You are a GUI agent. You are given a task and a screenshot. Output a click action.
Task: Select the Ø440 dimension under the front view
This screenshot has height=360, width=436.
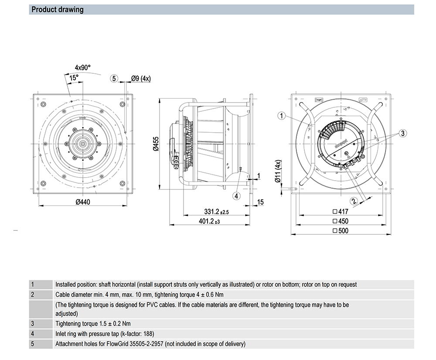(82, 202)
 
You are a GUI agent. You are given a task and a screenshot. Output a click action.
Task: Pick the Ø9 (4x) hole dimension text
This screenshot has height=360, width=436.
(140, 79)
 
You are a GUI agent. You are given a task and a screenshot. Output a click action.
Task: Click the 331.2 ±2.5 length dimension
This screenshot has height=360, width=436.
(216, 212)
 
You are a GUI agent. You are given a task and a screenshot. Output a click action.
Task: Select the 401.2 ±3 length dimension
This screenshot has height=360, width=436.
(209, 221)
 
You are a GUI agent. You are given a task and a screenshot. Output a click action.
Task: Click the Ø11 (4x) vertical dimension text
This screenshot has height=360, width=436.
(278, 172)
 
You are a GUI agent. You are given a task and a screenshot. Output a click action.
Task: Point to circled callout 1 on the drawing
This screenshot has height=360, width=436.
(282, 116)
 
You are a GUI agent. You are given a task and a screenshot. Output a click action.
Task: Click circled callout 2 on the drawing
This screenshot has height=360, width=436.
(354, 201)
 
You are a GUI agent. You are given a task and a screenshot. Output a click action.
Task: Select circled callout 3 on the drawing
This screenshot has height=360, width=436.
(403, 133)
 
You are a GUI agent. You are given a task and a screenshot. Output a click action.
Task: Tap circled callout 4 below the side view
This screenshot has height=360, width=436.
(236, 196)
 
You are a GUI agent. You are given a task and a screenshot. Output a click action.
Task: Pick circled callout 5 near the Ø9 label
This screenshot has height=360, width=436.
(114, 79)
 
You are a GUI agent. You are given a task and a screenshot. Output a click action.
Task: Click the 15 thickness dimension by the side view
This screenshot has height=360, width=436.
(260, 202)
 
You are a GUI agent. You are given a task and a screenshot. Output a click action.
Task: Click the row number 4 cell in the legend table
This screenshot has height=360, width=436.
(32, 334)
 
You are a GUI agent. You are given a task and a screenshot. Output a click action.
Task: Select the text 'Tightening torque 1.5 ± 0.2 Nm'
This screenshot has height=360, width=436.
(93, 324)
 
